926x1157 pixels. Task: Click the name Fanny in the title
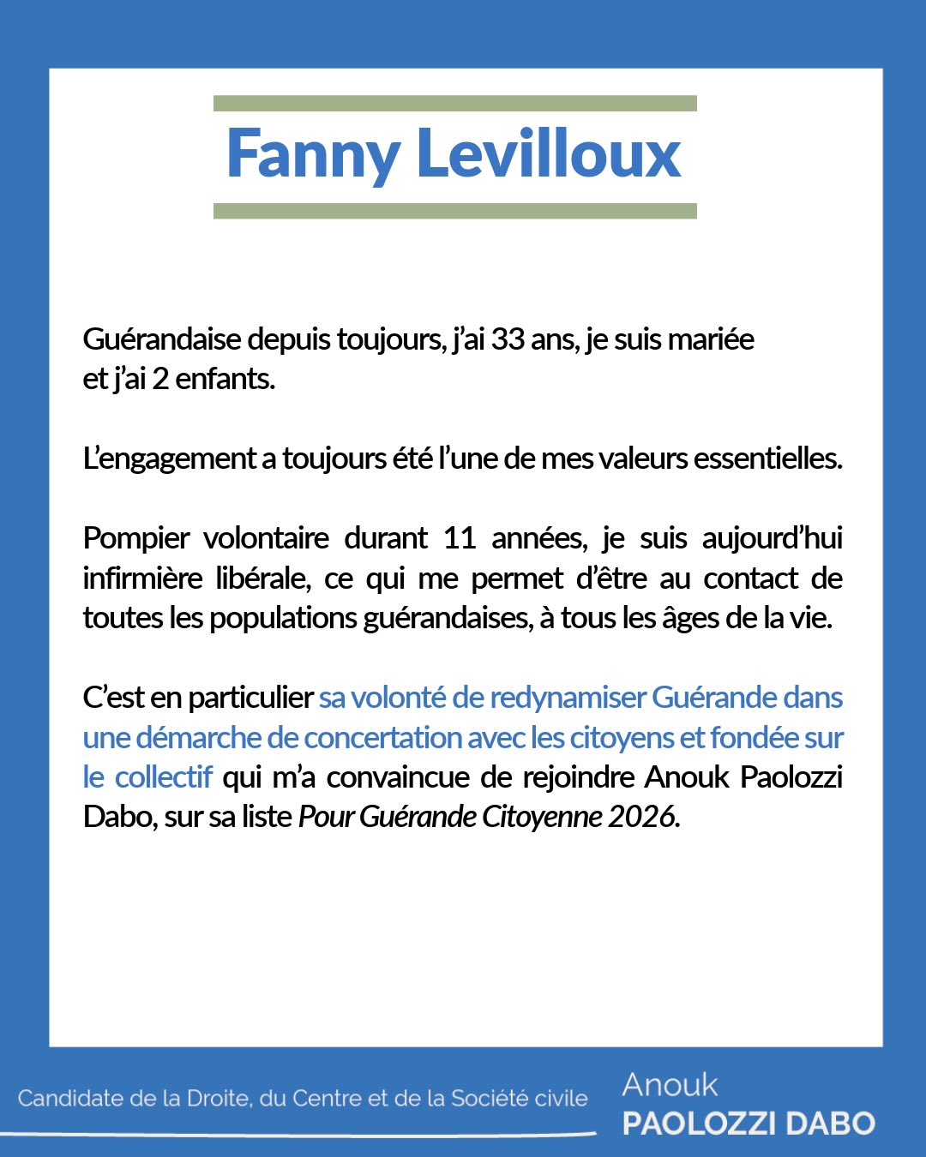pos(313,154)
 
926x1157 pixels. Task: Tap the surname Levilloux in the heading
pos(549,154)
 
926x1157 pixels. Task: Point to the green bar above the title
pos(454,104)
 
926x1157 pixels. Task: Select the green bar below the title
pos(454,211)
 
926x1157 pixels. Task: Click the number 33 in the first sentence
pos(508,339)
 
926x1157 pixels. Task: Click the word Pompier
pos(136,538)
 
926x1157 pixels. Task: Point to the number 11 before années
pos(460,538)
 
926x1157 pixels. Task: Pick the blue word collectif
pos(164,777)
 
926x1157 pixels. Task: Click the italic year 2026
pos(644,817)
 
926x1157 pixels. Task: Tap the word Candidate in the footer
pos(71,1099)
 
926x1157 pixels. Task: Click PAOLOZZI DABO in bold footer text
pos(749,1124)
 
